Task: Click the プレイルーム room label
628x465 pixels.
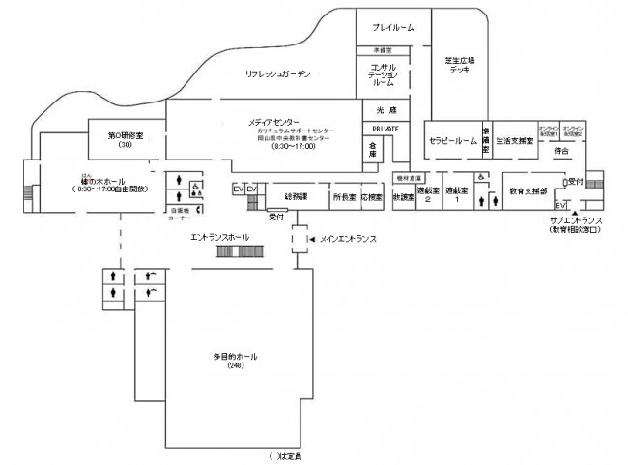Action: point(392,28)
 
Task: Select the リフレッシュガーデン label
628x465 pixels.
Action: point(277,73)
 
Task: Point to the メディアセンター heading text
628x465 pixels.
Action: point(273,122)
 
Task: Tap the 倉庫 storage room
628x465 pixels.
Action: point(371,149)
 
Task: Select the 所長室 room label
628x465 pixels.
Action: point(343,196)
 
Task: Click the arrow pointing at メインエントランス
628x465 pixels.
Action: point(311,238)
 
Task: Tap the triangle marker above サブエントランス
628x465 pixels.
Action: point(575,212)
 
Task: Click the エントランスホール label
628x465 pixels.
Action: point(220,237)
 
